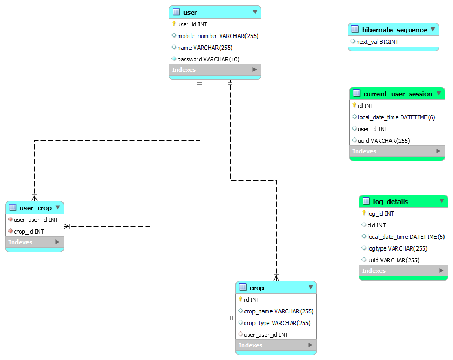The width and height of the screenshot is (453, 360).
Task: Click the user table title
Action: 190,12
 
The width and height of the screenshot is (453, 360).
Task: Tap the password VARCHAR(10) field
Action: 208,59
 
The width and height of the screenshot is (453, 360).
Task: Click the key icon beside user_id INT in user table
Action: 174,24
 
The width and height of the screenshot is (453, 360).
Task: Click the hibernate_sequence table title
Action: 394,30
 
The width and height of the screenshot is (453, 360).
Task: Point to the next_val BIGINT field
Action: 377,42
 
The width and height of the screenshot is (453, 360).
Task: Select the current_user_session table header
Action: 397,94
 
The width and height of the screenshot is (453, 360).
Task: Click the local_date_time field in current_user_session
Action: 396,117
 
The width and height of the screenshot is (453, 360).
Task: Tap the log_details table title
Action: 391,201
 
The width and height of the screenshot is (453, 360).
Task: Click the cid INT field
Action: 377,225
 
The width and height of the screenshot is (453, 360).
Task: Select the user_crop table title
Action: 35,208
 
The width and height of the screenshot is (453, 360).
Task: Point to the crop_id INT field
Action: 29,232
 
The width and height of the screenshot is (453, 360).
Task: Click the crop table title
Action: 257,288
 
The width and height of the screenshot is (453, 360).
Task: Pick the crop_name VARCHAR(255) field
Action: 278,311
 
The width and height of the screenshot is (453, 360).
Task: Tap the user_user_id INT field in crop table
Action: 266,335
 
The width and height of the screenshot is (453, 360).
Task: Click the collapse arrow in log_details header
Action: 442,201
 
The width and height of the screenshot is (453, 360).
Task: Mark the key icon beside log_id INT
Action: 364,213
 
